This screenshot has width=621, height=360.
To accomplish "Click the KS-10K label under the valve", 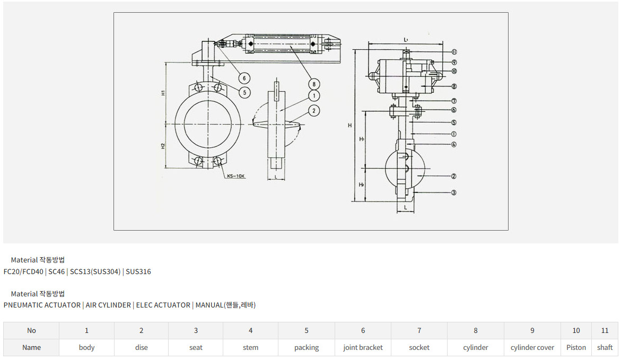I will [x=237, y=176].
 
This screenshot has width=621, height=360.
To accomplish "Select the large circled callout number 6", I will [x=244, y=78].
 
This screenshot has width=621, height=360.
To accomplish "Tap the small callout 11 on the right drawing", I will [x=454, y=52].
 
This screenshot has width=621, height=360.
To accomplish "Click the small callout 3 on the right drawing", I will [x=454, y=193].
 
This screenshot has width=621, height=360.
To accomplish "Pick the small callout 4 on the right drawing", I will [x=454, y=144].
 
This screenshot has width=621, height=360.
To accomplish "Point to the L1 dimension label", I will [x=406, y=40].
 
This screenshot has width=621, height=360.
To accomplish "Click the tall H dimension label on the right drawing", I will [x=349, y=125].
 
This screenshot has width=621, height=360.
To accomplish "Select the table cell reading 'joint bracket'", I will [x=363, y=348].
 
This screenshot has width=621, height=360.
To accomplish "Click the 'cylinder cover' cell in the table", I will [x=532, y=348].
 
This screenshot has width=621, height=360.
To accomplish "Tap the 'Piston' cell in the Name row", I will [x=576, y=348].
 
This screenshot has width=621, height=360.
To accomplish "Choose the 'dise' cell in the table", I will [x=141, y=348].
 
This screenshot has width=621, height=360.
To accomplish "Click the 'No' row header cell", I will [x=31, y=330].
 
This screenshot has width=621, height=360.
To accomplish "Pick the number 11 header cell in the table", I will [x=605, y=330].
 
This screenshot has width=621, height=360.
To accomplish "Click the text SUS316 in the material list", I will [x=138, y=272].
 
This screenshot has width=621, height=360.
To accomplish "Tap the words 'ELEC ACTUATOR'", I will [x=163, y=305].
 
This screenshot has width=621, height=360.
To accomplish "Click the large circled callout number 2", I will [x=314, y=111].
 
